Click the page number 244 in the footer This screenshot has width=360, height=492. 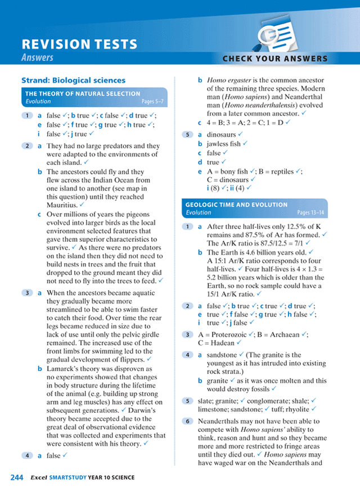pos(16,478)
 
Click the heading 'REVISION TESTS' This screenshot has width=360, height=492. pos(79,44)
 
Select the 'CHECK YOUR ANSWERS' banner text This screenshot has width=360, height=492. pos(275,58)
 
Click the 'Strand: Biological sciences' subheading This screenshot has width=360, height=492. pos(73,80)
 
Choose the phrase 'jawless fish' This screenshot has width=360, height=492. pos(223,144)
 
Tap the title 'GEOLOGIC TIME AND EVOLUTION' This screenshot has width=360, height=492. pos(237,205)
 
